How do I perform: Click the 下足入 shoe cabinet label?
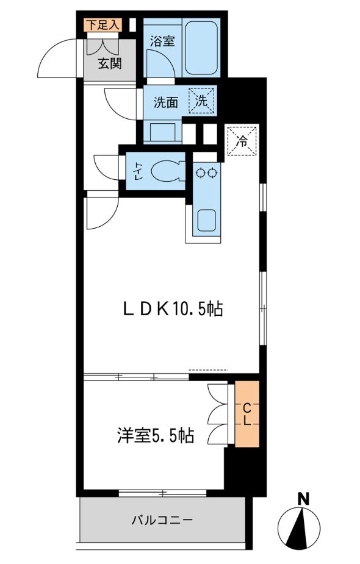[103, 25]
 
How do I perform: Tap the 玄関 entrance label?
[110, 63]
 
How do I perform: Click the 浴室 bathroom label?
[162, 41]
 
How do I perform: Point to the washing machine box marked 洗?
[201, 101]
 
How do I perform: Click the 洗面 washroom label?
[166, 102]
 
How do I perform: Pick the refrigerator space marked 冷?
[242, 141]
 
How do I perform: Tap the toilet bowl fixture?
[168, 171]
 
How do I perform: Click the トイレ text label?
[138, 171]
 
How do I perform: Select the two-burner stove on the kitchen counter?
[207, 173]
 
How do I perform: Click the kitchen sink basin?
[207, 220]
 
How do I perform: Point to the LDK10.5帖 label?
[173, 309]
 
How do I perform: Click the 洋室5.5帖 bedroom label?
[156, 435]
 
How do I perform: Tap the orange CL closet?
[247, 414]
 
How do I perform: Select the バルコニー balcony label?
[162, 519]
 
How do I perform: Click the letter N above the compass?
[304, 499]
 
